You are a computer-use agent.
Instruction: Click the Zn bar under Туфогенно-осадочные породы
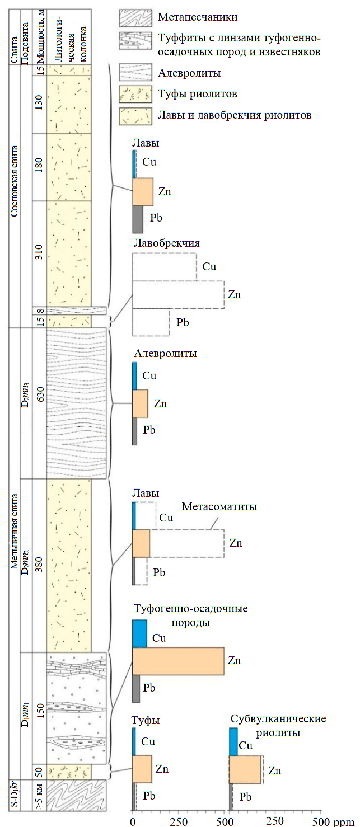[x=178, y=661]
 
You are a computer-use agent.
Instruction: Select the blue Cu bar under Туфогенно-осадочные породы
[x=139, y=633]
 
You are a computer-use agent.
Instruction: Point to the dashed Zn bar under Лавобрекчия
[x=178, y=294]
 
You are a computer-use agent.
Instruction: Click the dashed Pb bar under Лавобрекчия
[x=151, y=322]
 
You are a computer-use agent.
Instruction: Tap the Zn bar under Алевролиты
[x=140, y=403]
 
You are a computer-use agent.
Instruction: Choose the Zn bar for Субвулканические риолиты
[x=245, y=770]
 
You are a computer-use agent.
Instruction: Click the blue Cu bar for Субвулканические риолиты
[x=233, y=742]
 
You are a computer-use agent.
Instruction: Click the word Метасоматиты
[x=219, y=507]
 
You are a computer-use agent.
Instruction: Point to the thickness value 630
[x=38, y=402]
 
